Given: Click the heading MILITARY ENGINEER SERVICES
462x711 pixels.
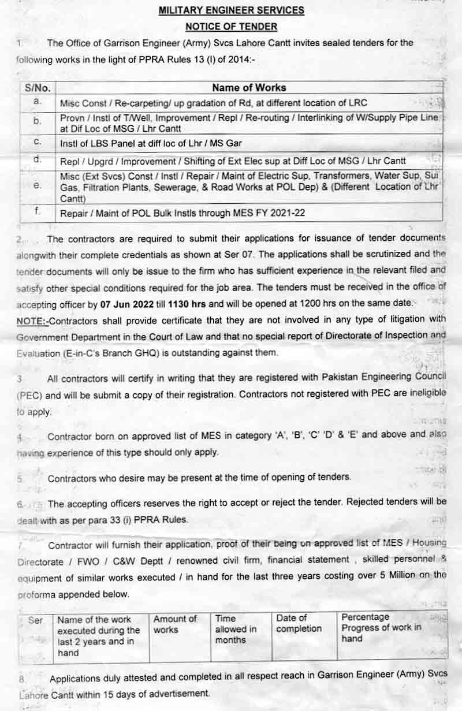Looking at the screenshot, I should point(231,10).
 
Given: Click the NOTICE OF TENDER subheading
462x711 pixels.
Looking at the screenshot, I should point(231,27).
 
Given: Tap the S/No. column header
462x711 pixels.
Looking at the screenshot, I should point(38,88).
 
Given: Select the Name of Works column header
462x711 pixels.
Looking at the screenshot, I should point(249,88).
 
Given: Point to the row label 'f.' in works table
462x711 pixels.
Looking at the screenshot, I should point(38,212).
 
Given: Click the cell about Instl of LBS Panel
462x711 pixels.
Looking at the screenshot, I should point(151,143).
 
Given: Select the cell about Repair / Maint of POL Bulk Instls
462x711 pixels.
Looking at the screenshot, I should point(182,213).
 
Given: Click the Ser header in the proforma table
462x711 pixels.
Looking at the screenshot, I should point(36,620).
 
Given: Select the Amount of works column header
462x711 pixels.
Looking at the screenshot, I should point(174,624).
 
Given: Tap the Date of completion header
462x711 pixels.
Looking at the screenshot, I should point(299,624).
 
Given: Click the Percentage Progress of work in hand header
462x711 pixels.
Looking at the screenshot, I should point(381,628).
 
